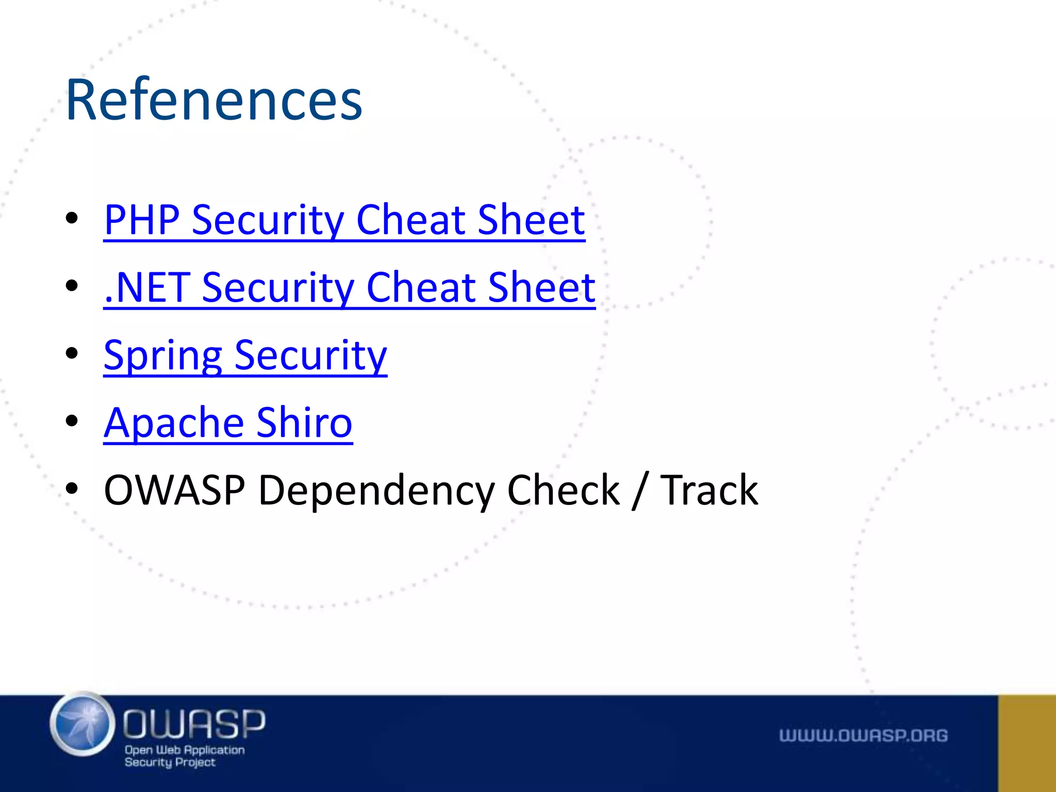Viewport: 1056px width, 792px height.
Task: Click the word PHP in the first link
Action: coord(141,220)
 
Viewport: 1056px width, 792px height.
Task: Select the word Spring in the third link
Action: coord(162,356)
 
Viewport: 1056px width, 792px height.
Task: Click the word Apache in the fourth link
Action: coord(173,423)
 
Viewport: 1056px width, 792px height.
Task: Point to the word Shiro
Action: coord(304,423)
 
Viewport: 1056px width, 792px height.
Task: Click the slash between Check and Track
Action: coord(639,490)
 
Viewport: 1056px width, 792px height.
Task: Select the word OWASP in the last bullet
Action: coord(174,490)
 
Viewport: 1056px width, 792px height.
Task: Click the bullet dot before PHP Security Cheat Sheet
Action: coord(72,218)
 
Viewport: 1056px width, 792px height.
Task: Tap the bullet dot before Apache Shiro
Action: coord(72,421)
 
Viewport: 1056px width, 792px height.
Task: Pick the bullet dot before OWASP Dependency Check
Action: coord(72,488)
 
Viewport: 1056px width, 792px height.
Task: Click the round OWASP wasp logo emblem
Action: coord(82,724)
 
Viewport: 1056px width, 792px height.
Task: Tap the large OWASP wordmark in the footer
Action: coord(194,723)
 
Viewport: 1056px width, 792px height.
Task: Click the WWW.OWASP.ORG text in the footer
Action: coord(863,735)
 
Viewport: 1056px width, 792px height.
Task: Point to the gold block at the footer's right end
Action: coord(1027,743)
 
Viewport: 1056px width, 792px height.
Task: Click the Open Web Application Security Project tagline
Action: coord(184,756)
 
